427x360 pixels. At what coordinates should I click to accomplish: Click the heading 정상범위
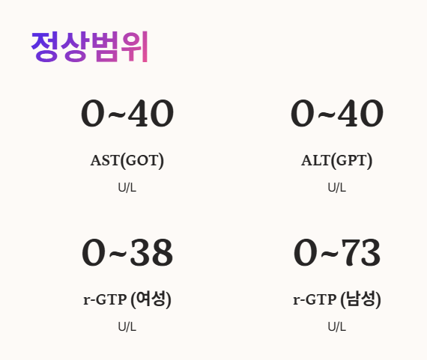click(x=90, y=46)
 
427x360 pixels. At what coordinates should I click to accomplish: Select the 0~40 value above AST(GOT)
click(x=127, y=114)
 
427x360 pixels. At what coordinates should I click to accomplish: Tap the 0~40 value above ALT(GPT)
click(x=337, y=114)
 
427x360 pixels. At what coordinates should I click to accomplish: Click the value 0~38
click(x=127, y=253)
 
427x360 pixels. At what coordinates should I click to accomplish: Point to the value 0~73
click(x=337, y=253)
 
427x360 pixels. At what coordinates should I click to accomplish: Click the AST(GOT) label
click(x=127, y=160)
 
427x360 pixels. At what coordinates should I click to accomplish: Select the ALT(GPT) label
click(x=337, y=160)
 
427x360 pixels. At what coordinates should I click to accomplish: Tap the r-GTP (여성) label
click(x=127, y=300)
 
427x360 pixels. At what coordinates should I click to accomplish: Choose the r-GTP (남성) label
click(x=337, y=300)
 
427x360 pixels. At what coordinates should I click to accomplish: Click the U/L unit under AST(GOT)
click(x=127, y=187)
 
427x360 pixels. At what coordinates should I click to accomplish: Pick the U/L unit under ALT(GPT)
click(x=337, y=187)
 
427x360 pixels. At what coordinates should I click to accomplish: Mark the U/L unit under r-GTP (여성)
click(x=127, y=326)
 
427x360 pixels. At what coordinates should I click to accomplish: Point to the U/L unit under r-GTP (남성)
click(x=337, y=326)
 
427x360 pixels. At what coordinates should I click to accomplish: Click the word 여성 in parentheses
click(x=151, y=300)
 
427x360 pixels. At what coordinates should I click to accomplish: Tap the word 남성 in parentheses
click(x=361, y=300)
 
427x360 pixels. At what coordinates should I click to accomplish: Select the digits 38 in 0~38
click(x=151, y=253)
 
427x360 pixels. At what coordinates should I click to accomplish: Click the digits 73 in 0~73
click(x=361, y=253)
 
